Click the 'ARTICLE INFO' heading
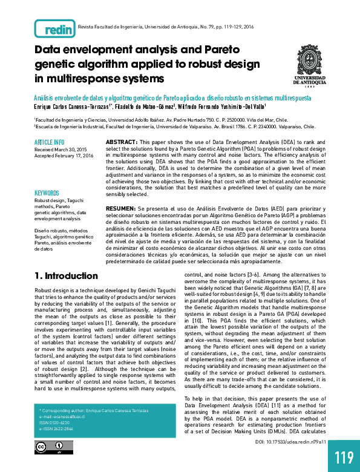tap(50, 142)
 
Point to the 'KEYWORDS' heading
tap(47, 192)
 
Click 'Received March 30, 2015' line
tap(61, 149)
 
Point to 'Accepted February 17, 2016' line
tap(64, 156)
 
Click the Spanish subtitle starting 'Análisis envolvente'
tap(173, 97)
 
